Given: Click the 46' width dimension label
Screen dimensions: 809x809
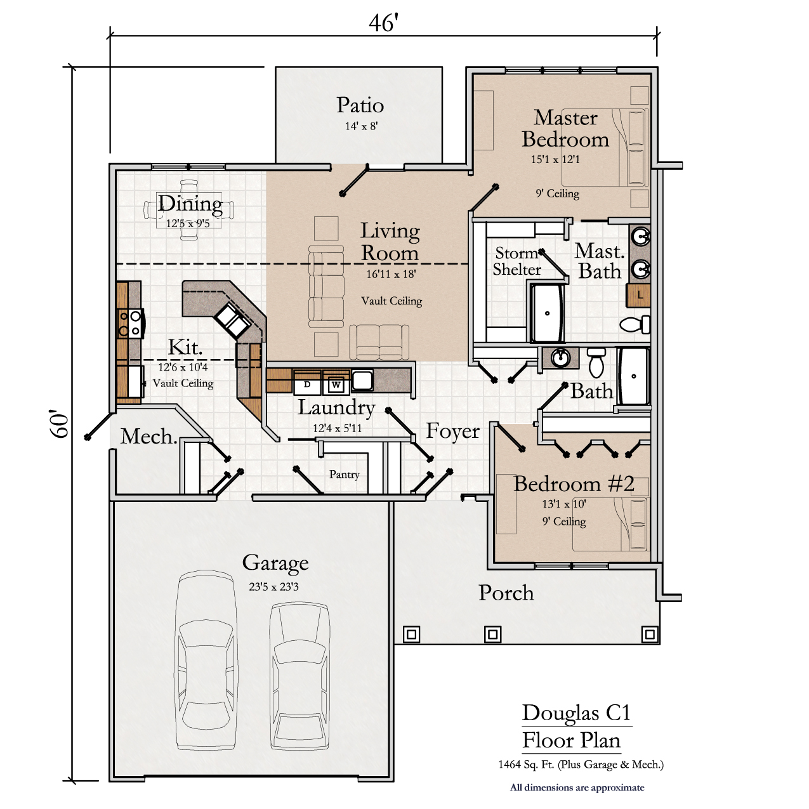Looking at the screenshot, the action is click(383, 23).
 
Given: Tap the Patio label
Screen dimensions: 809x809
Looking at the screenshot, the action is click(360, 105).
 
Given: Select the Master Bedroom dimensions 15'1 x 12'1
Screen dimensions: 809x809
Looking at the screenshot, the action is click(555, 159).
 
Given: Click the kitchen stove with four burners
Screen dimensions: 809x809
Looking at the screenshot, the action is click(130, 323).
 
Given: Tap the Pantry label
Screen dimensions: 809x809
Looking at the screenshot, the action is click(345, 475).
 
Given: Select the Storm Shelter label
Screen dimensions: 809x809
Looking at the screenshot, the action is click(516, 261).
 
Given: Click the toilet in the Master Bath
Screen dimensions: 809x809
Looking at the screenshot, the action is click(635, 324).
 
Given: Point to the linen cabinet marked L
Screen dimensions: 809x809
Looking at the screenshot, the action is click(638, 294).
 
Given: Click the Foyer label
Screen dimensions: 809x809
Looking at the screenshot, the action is click(452, 431).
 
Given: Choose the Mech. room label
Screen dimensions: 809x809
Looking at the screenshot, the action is click(149, 437).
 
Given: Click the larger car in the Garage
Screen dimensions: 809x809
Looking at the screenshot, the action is click(206, 660).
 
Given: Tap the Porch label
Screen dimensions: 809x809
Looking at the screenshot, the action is click(506, 593).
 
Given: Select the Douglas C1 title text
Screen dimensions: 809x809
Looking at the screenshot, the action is click(576, 713).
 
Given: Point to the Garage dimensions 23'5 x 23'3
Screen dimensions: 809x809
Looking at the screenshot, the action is click(273, 586).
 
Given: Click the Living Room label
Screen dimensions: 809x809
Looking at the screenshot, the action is click(390, 242).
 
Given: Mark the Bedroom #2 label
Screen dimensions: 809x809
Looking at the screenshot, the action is click(574, 483).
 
